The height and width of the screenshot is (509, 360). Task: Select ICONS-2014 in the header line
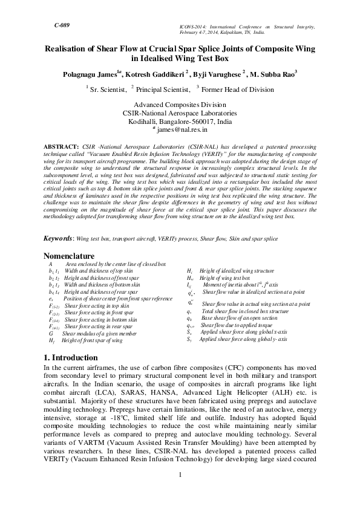tap(195, 28)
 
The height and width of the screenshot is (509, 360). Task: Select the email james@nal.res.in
tap(182, 129)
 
